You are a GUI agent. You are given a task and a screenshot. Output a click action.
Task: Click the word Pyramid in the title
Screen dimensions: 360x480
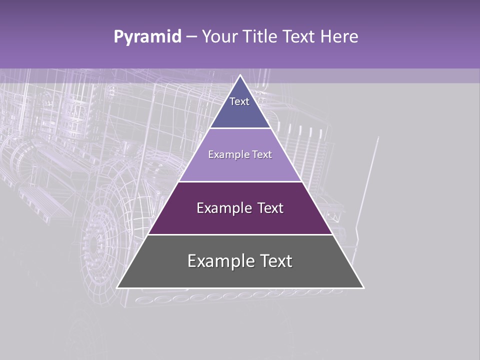pyautogui.click(x=147, y=37)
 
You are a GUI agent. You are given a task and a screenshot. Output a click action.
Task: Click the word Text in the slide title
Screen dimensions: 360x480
pyautogui.click(x=299, y=36)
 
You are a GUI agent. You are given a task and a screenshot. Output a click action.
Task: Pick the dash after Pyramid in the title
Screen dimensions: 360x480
pyautogui.click(x=191, y=37)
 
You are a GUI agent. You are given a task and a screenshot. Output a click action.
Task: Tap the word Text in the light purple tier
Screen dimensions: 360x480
pyautogui.click(x=262, y=154)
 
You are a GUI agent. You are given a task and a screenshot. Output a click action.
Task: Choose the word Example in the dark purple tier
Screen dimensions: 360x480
pyautogui.click(x=224, y=208)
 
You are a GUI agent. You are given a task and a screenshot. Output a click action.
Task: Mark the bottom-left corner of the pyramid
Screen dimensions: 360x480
pyautogui.click(x=117, y=287)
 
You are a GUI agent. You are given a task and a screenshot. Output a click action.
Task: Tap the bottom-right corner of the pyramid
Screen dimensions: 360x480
pyautogui.click(x=363, y=287)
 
